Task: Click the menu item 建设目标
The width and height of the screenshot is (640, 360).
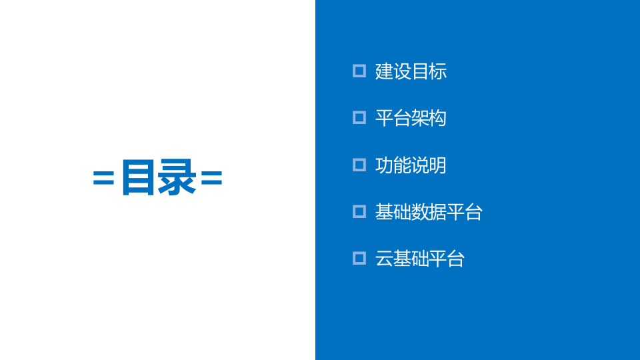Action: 411,71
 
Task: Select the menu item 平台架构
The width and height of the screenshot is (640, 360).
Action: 411,118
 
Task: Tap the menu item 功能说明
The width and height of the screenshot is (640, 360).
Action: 411,165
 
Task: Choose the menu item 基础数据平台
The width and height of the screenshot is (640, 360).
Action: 429,212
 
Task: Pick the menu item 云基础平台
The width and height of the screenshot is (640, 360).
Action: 419,259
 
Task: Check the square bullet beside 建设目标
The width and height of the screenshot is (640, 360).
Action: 359,71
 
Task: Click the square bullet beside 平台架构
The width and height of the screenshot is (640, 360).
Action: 359,117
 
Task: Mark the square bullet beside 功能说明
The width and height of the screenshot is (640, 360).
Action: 359,165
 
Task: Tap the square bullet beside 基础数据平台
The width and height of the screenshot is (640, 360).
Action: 359,211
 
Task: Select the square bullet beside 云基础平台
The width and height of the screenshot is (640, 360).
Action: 359,258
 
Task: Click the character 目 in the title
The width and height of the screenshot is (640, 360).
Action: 139,177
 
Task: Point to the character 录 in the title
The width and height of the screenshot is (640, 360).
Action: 177,177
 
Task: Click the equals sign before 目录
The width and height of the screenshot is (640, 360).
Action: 103,177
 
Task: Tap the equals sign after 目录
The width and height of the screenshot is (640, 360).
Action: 211,177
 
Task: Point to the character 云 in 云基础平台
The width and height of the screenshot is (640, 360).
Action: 384,259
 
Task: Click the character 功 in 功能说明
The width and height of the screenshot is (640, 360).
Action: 384,165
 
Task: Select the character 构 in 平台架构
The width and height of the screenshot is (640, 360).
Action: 438,118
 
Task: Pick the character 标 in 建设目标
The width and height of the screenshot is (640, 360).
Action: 438,71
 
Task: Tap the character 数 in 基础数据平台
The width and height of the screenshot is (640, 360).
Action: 420,212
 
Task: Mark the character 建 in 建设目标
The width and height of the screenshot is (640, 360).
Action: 384,71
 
